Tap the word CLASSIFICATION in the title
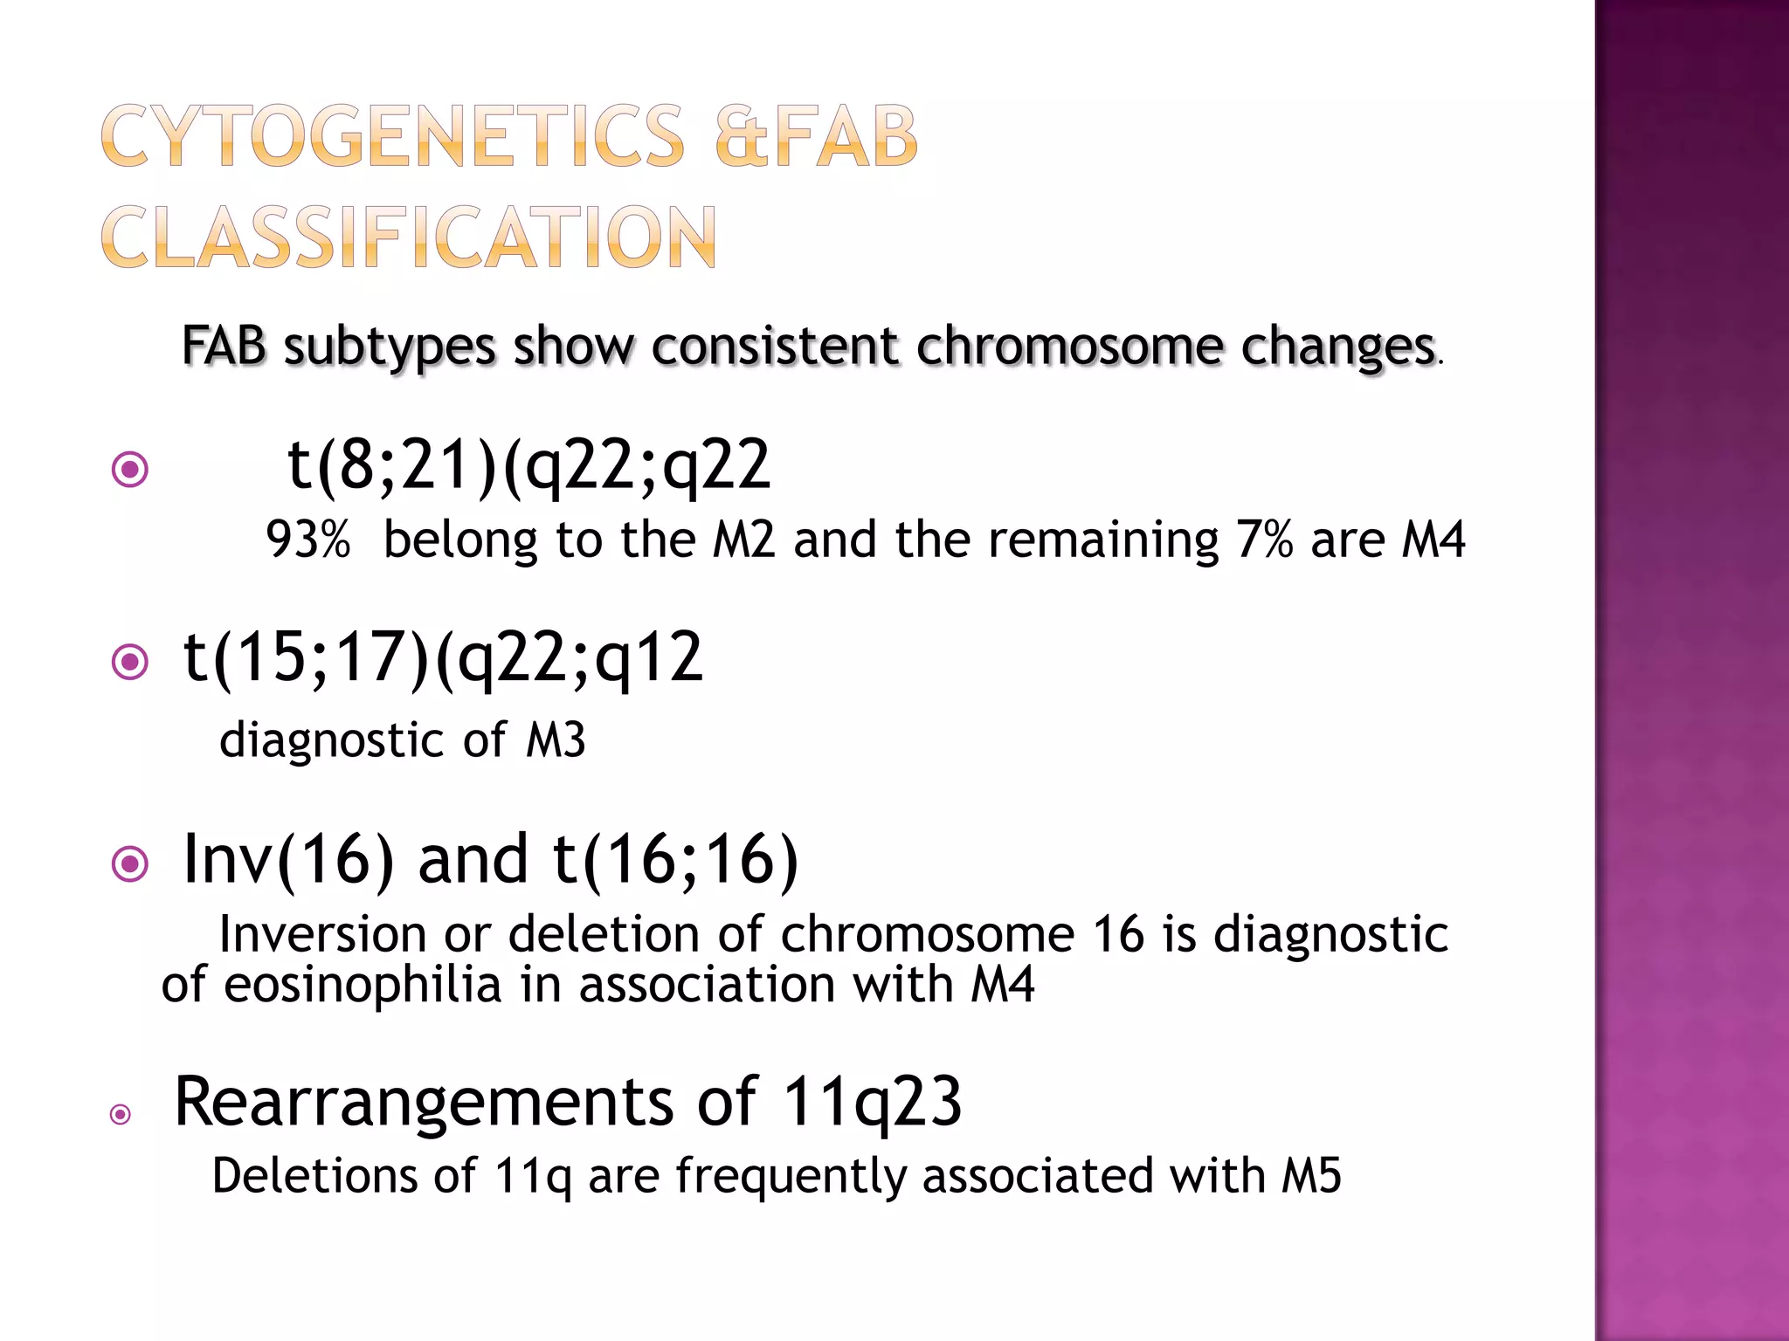tap(409, 237)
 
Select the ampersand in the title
tap(743, 136)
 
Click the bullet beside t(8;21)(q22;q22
tap(130, 470)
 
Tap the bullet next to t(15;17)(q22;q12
tap(130, 663)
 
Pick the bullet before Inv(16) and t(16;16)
tap(130, 864)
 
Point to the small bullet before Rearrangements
tap(121, 1114)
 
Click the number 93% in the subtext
tap(307, 540)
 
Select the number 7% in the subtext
tap(1263, 540)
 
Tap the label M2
tap(743, 540)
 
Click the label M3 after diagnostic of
tap(556, 740)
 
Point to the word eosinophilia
tap(363, 985)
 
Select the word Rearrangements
tap(424, 1102)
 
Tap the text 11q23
tap(871, 1102)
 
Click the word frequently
tap(791, 1175)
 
